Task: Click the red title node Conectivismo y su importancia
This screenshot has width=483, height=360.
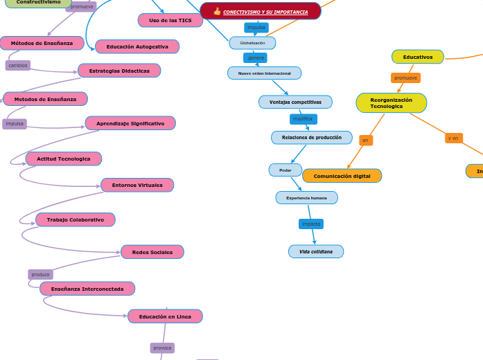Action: pos(261,11)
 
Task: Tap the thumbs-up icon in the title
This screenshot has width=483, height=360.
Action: pos(217,11)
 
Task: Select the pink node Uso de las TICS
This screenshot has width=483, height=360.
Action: pos(170,20)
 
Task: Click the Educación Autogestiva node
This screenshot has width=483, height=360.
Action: pos(137,46)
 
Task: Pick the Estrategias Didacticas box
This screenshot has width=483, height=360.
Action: pos(119,71)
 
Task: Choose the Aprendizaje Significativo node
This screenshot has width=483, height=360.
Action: pos(130,123)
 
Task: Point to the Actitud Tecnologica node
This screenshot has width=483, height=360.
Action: pos(64,159)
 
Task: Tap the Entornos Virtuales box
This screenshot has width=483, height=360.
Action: pos(137,185)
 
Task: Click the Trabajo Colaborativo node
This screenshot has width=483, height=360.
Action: pos(76,219)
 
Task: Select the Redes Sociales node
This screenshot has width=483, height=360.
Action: pos(152,252)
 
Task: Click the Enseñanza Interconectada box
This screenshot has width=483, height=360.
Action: pos(87,289)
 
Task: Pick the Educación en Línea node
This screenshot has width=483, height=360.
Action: pos(165,316)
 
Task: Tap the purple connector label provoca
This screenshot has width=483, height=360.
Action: pos(162,348)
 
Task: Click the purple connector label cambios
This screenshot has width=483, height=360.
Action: pos(18,65)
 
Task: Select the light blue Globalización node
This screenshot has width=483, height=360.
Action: pos(252,43)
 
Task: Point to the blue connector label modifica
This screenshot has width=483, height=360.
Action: pos(303,119)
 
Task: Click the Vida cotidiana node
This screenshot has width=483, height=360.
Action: pos(316,251)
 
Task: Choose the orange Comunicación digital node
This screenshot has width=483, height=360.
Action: pos(342,176)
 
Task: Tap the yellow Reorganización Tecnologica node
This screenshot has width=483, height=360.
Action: pos(392,103)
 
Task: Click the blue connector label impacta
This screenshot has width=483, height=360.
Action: pos(311,224)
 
